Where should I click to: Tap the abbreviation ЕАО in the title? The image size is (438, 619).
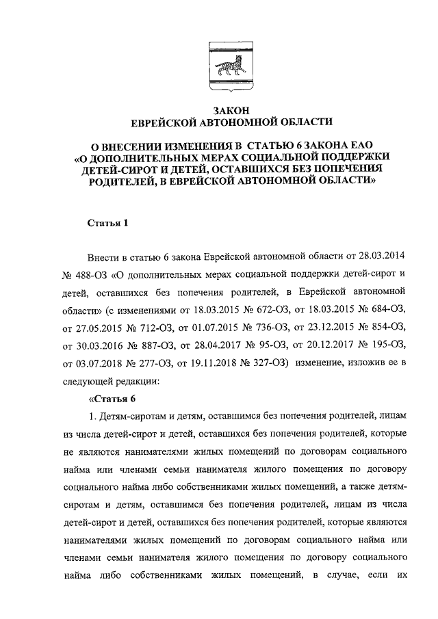[356, 145]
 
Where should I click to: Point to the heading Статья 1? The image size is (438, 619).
[108, 223]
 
